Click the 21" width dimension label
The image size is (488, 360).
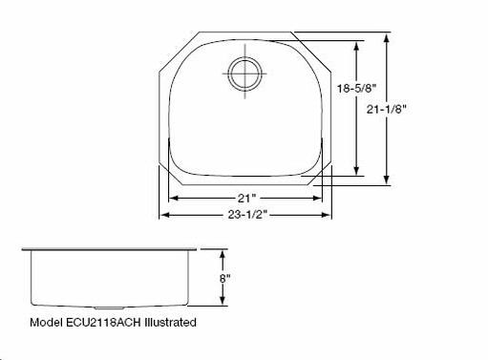click(x=247, y=199)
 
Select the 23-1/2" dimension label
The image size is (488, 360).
click(x=247, y=215)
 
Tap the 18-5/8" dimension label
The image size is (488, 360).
click(x=357, y=88)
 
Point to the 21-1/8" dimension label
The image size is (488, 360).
click(x=387, y=110)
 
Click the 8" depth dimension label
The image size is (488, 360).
click(x=224, y=279)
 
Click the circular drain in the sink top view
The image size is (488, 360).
click(x=244, y=74)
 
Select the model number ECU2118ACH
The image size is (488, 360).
click(x=103, y=323)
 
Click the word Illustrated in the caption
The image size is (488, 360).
click(x=170, y=323)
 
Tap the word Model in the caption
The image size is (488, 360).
click(x=46, y=323)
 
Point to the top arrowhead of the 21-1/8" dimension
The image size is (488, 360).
click(x=387, y=38)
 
